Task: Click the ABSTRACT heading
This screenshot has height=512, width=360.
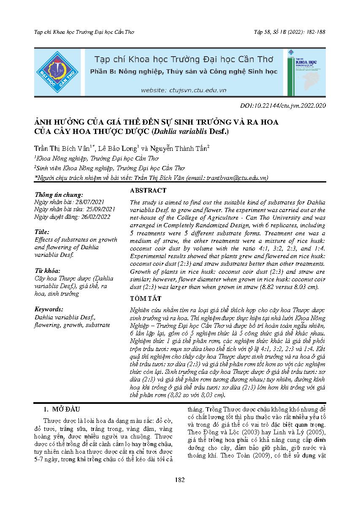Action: (148, 191)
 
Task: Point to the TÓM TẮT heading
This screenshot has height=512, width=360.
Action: (146, 299)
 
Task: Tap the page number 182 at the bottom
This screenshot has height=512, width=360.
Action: (180, 479)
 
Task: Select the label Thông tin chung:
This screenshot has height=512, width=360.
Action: (59, 195)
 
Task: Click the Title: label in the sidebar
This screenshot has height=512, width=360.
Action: (42, 232)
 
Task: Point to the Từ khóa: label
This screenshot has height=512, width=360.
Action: (47, 270)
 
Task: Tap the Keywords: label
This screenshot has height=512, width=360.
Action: (49, 309)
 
